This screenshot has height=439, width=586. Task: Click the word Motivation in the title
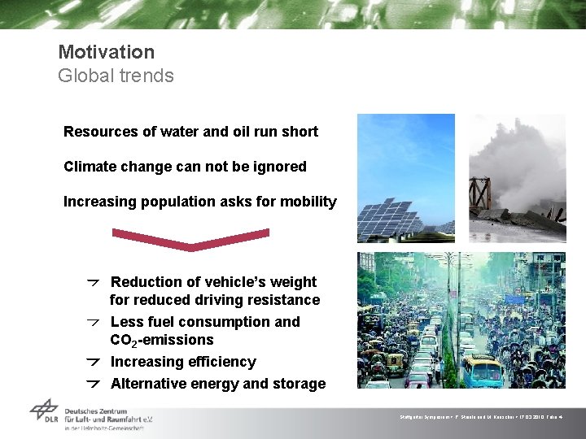106,52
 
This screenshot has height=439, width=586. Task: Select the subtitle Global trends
116,76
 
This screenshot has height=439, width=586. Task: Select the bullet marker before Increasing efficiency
94,362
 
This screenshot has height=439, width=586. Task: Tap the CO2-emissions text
161,340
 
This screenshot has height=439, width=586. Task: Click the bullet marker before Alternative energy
94,384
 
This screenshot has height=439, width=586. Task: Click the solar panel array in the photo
391,215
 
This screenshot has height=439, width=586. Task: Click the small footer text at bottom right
488,416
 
